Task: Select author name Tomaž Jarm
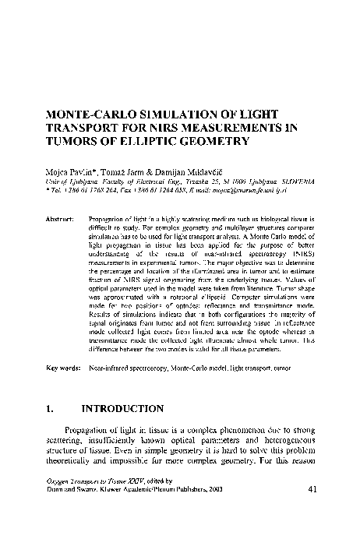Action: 126,170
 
